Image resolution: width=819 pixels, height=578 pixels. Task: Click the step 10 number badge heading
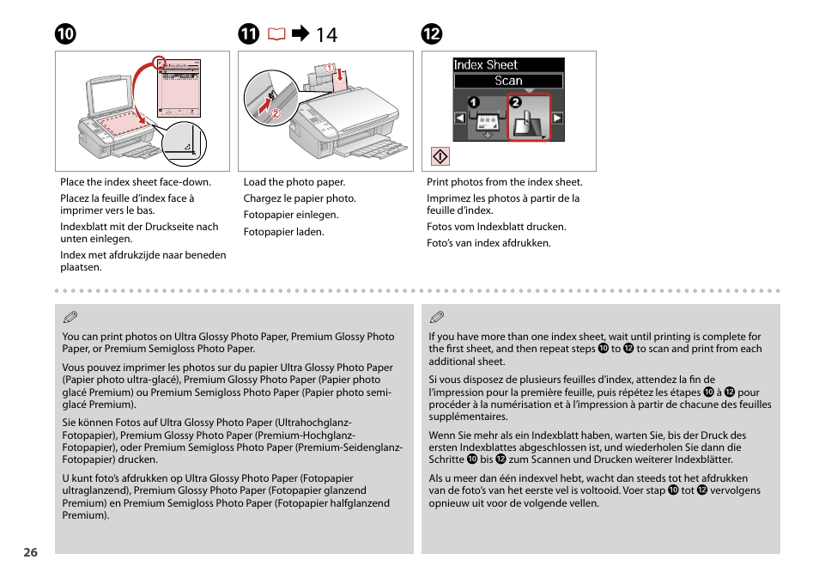[x=65, y=34]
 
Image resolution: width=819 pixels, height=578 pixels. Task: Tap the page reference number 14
[x=326, y=35]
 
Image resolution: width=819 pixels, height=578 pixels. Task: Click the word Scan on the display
[x=508, y=81]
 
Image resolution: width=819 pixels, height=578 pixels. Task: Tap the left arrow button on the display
[x=460, y=119]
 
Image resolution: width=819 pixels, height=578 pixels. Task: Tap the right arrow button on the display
[x=557, y=119]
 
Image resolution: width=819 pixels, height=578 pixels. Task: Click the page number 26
[x=31, y=553]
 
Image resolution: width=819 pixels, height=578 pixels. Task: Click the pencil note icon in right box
[x=437, y=318]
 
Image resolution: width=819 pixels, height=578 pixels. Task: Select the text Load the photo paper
[x=294, y=182]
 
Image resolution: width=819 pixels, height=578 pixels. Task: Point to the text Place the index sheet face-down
[x=135, y=182]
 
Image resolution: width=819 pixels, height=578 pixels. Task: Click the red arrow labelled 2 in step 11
[x=259, y=107]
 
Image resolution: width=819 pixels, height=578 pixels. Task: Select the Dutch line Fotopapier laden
[x=283, y=232]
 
